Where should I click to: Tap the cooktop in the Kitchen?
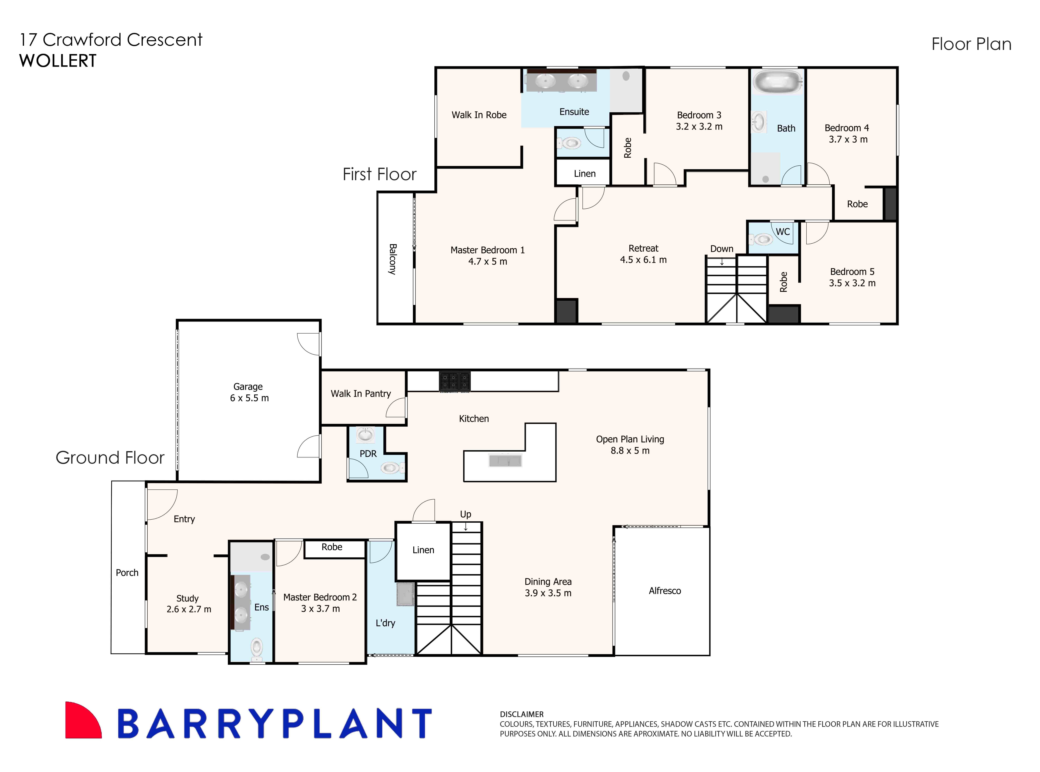[454, 381]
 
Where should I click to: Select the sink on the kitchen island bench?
[505, 461]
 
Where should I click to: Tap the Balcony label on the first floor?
[393, 259]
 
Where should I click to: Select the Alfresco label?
[664, 591]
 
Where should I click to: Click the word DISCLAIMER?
[521, 714]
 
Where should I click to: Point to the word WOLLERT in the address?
[58, 61]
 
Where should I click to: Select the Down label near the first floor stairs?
[721, 249]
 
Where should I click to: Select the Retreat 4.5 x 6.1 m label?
[643, 254]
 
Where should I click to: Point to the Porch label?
[127, 572]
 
